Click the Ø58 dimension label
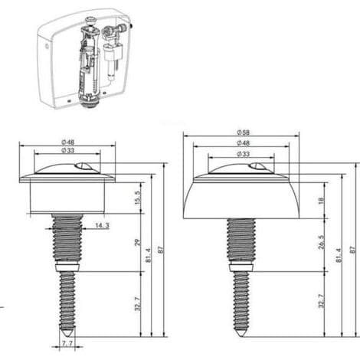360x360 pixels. click(x=243, y=133)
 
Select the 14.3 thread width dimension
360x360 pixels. click(x=102, y=225)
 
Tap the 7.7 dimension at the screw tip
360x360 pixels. click(x=67, y=344)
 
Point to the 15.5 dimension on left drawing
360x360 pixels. click(x=138, y=198)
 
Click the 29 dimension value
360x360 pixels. click(x=138, y=242)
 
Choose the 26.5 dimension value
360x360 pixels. click(x=322, y=242)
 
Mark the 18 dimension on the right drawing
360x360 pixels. click(x=322, y=200)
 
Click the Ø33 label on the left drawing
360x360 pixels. click(x=67, y=150)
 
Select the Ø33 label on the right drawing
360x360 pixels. click(x=243, y=154)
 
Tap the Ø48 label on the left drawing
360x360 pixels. click(x=67, y=142)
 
